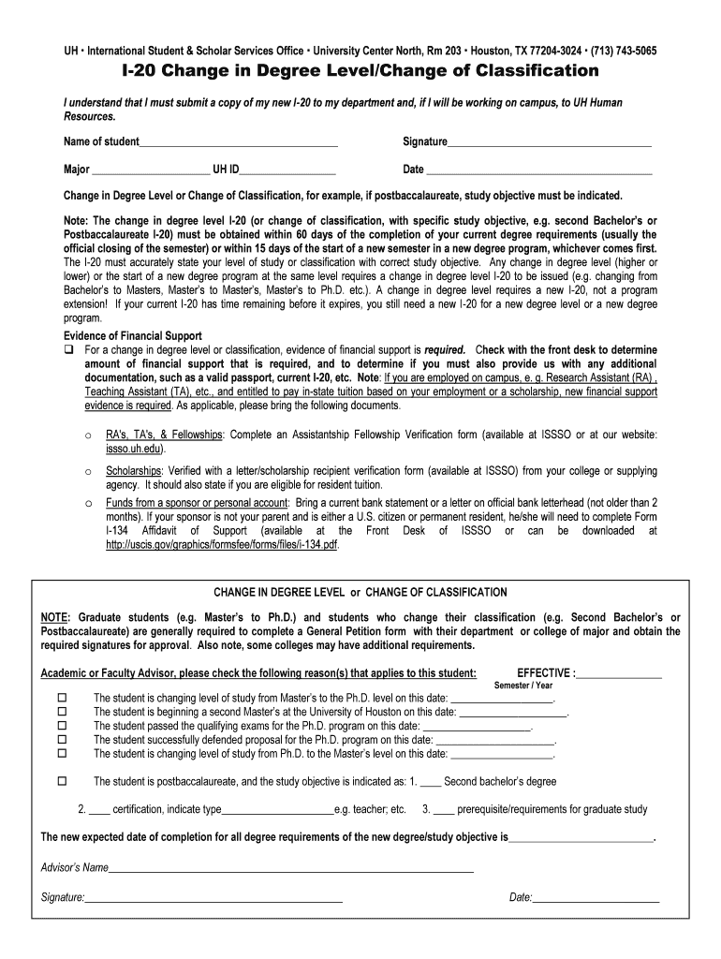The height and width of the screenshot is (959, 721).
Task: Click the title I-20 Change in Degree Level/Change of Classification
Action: (x=360, y=72)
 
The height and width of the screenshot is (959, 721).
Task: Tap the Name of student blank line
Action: (x=238, y=142)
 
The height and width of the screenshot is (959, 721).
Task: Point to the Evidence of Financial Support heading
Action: (x=132, y=336)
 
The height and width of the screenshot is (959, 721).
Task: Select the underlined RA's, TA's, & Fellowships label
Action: (x=164, y=435)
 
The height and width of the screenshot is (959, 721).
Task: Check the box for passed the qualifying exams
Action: (x=64, y=726)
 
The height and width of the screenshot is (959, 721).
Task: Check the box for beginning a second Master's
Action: (x=64, y=712)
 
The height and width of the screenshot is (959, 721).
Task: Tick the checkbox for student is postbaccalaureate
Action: (x=64, y=781)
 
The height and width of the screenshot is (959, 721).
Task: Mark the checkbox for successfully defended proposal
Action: (x=64, y=739)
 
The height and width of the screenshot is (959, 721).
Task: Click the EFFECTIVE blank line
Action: (x=620, y=673)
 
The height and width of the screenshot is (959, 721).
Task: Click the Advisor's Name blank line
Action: (x=291, y=868)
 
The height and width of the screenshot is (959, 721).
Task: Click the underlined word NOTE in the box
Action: (x=53, y=618)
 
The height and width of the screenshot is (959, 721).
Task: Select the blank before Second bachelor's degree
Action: (x=431, y=782)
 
